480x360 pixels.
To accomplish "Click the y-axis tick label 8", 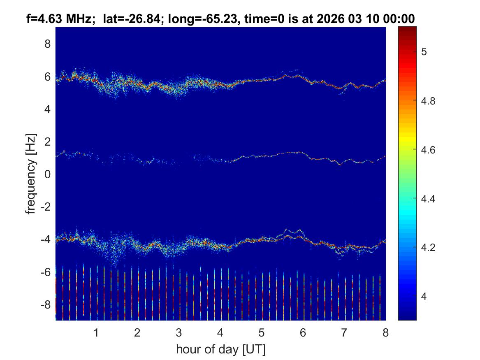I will [47, 44].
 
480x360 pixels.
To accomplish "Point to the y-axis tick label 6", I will [47, 77].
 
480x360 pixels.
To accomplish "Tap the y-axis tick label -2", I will [46, 207].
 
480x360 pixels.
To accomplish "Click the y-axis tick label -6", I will [46, 272].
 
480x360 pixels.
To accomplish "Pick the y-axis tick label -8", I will [46, 305].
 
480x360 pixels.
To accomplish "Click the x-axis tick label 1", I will [96, 332].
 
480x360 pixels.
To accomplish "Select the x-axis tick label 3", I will [179, 332].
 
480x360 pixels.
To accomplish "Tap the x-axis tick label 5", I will [261, 332].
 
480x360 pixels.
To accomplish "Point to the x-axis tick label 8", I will [385, 332].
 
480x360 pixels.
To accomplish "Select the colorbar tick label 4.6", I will [430, 150].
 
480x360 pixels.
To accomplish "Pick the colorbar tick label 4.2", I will [430, 248].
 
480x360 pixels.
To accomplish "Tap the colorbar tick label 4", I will [427, 297].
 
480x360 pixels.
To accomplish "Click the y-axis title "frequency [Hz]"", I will [30, 173].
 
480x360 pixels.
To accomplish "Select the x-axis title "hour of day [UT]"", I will [220, 350].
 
